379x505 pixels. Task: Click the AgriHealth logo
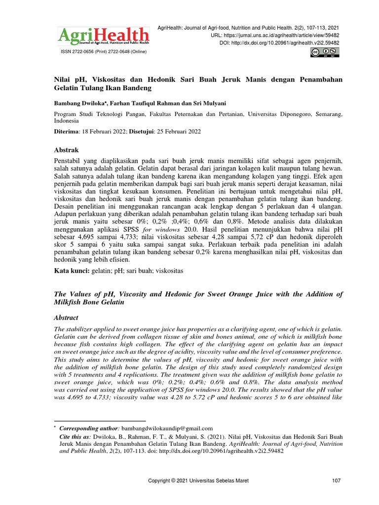103,36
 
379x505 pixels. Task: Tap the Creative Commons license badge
325,53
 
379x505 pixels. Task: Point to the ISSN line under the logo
103,51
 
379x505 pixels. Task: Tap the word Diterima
67,132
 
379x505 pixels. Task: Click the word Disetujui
142,132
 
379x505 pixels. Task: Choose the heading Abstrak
66,149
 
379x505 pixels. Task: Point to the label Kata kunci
71,271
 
